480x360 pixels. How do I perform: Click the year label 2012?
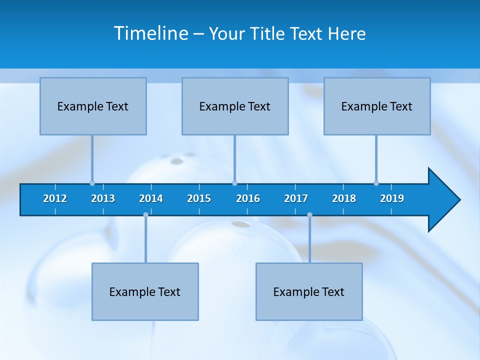(x=55, y=198)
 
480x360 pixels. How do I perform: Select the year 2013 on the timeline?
(x=103, y=198)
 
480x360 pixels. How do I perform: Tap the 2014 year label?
(x=151, y=198)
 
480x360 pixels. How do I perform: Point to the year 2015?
(x=199, y=198)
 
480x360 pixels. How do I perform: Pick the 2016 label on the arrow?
(x=248, y=198)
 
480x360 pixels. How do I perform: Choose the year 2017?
(x=296, y=198)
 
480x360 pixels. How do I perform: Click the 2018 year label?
(x=344, y=198)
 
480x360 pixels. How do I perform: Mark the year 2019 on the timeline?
(x=392, y=198)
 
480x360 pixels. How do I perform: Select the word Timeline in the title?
(x=151, y=33)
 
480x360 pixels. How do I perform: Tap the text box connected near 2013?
(x=93, y=106)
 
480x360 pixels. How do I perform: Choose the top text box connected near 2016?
(x=235, y=106)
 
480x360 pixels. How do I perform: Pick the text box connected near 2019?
(x=377, y=106)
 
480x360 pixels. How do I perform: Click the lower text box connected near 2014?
(x=145, y=291)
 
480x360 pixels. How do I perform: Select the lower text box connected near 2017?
(x=309, y=291)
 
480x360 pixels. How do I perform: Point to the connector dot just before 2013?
(x=92, y=183)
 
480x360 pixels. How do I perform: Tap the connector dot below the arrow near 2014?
(x=145, y=214)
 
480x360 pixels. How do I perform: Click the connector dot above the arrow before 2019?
(x=376, y=183)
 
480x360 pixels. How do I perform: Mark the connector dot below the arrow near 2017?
(x=309, y=214)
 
